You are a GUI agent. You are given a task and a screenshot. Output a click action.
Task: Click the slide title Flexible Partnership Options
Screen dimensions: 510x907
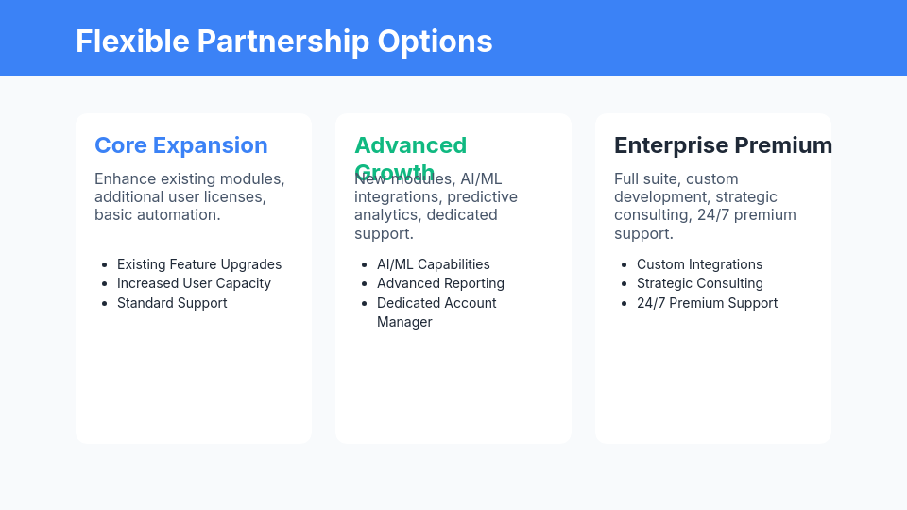pos(283,42)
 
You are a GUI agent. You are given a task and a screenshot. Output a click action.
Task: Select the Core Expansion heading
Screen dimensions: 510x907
pos(181,145)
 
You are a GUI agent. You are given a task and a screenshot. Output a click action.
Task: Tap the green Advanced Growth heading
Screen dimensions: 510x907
pos(410,145)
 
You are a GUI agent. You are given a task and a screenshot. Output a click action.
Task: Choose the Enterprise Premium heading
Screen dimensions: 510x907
pos(723,145)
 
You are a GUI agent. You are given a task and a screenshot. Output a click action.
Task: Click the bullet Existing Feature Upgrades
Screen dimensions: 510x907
pos(199,264)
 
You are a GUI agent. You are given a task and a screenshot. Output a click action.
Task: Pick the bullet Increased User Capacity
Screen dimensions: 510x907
pos(194,283)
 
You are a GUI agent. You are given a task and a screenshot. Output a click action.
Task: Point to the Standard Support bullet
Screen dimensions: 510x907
pos(172,303)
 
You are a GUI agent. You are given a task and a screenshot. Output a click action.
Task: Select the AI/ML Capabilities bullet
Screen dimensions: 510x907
pos(434,264)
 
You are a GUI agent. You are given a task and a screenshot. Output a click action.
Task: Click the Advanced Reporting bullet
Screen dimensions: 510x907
pos(440,283)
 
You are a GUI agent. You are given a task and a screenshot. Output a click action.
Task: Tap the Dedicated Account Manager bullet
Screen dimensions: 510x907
pos(436,312)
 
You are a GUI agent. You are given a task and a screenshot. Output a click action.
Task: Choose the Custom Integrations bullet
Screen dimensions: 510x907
pos(699,264)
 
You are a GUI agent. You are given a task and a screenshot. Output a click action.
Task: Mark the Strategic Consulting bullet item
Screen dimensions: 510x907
pos(699,283)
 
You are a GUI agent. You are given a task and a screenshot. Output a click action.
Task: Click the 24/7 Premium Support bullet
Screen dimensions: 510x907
pos(707,303)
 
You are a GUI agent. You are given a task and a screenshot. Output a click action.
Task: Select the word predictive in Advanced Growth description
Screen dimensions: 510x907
pos(482,196)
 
